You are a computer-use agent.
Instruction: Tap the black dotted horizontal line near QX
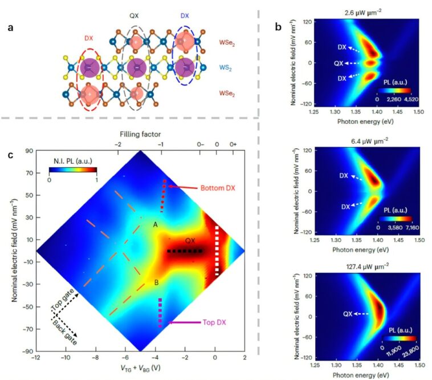click(x=184, y=251)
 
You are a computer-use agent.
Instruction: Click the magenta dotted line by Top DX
click(x=160, y=312)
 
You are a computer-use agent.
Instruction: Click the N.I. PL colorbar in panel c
click(x=72, y=169)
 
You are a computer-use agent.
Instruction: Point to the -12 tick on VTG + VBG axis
click(x=35, y=357)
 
